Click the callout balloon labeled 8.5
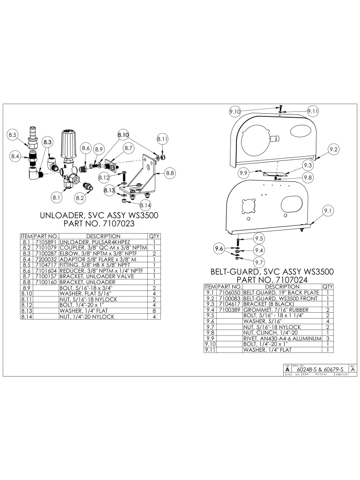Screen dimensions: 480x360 (x=13, y=135)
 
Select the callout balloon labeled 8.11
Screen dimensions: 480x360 (x=162, y=139)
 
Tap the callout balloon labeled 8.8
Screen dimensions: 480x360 (x=170, y=173)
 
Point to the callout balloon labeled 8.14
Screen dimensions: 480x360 (x=145, y=206)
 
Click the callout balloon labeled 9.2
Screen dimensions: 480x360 (x=334, y=149)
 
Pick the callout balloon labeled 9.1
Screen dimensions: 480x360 (x=328, y=210)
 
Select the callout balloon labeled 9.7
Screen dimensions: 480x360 (x=259, y=262)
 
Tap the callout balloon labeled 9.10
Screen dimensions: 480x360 (x=235, y=111)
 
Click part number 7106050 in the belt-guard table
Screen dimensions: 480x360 (x=230, y=293)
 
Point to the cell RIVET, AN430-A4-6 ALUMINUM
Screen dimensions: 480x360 (x=282, y=338)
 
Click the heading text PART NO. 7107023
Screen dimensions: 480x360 (x=100, y=224)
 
